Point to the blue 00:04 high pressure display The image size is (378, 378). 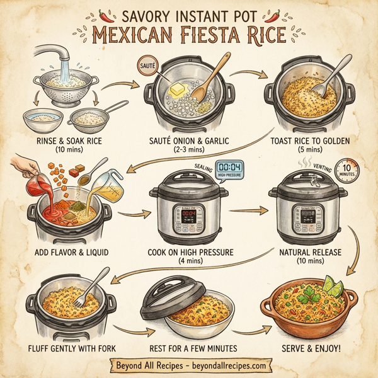230,169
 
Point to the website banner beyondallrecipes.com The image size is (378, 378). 189,365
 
